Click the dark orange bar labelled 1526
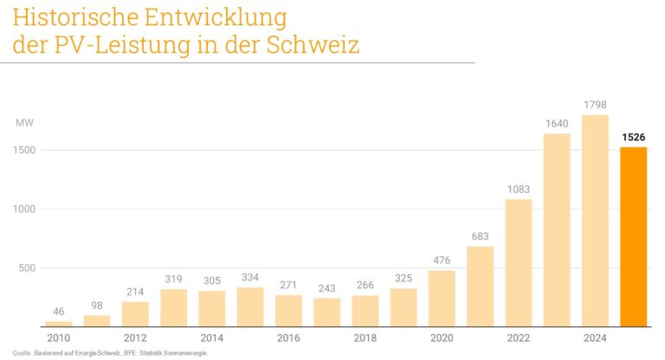(x=633, y=236)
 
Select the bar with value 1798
(x=595, y=221)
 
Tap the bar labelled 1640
(x=557, y=230)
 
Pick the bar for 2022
(x=519, y=263)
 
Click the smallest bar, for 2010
(x=59, y=324)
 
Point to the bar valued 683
(x=481, y=286)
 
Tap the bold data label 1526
(x=633, y=137)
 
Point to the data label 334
(x=250, y=277)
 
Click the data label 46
(x=59, y=311)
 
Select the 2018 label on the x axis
(x=365, y=337)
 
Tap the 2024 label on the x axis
(x=595, y=337)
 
